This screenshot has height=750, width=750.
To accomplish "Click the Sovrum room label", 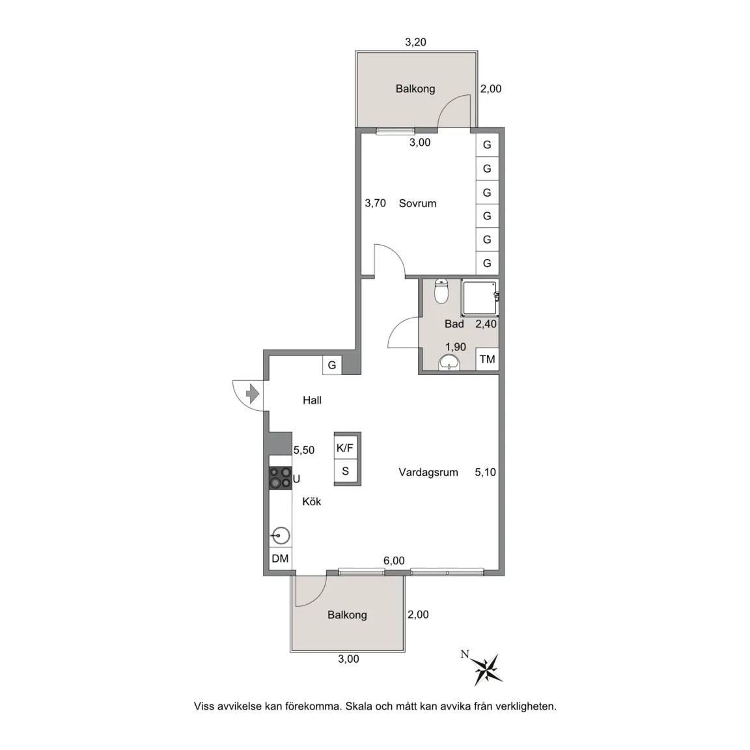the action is point(417,203).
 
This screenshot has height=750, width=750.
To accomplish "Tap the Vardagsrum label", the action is point(428,472).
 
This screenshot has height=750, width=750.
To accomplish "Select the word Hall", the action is point(312,400).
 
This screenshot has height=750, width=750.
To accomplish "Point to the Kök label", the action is point(311,501).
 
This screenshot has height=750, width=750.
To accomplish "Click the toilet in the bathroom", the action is point(441,291).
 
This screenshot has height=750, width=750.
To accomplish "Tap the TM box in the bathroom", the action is point(488,359).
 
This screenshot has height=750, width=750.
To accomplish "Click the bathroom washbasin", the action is point(449,363).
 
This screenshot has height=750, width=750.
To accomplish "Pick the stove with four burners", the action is point(281,478).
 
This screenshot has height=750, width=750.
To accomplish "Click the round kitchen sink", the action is point(281,536).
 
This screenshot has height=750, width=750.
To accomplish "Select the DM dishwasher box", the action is point(281,558).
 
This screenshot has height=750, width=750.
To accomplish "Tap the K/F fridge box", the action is point(345,448).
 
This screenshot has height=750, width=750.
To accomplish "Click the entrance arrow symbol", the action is point(252,395).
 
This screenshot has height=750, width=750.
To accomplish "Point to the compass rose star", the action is point(486,668).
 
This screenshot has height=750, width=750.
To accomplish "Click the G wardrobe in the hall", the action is point(332,365).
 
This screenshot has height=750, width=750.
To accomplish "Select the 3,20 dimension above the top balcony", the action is point(415,42).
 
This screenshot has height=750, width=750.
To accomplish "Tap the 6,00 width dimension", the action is point(394,561).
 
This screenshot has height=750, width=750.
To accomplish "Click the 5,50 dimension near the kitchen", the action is point(304,450).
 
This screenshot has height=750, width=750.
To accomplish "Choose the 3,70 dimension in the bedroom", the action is point(375,203).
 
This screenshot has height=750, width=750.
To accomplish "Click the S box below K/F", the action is point(345,471).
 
